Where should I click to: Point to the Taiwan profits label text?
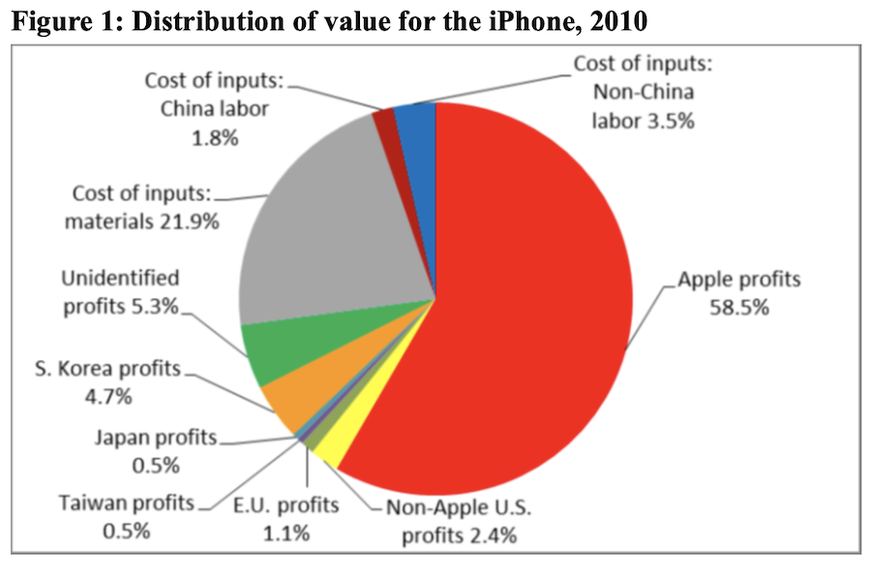(127, 504)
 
